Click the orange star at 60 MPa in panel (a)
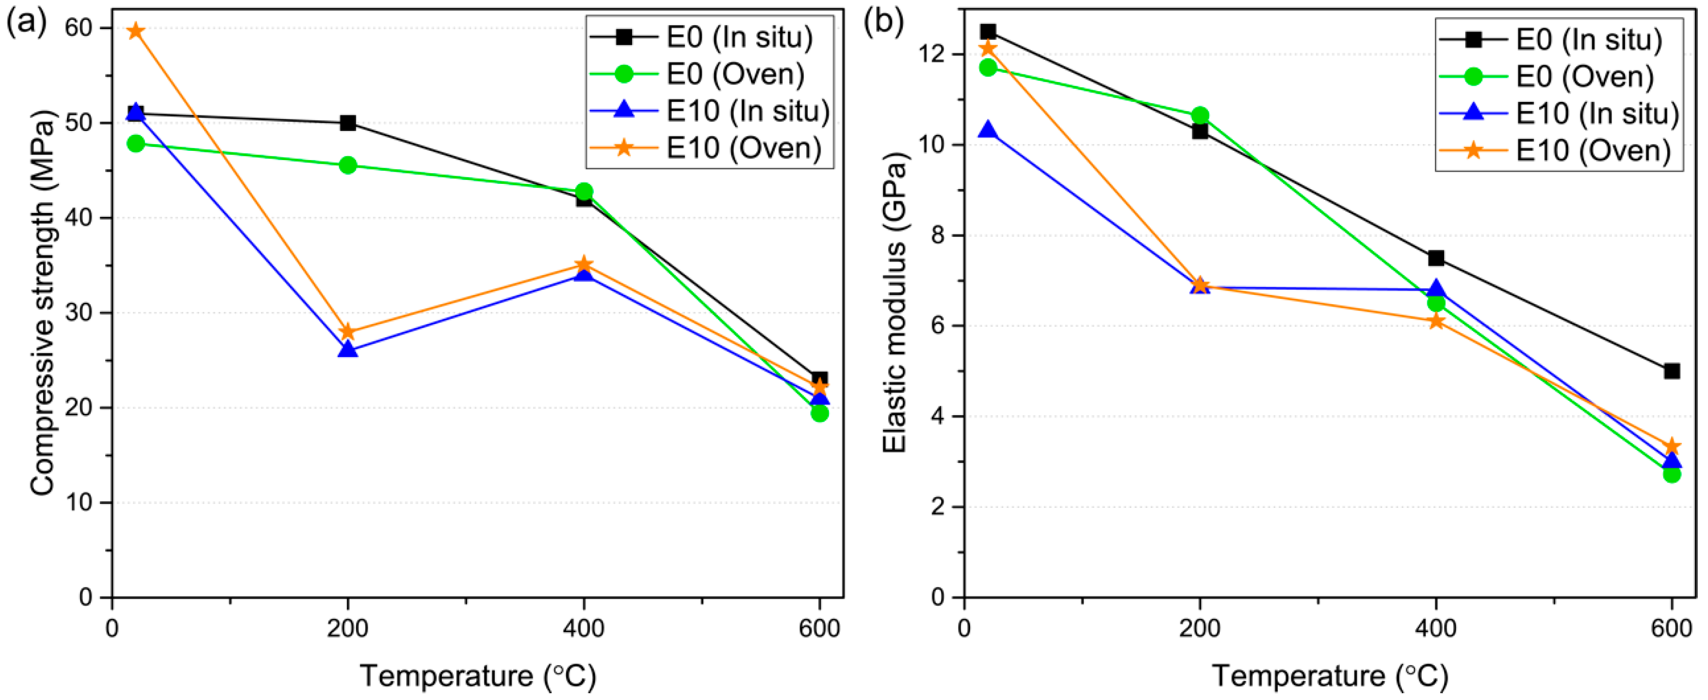tap(135, 31)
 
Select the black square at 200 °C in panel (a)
tap(347, 123)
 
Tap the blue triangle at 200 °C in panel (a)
tap(347, 349)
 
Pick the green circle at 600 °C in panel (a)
tap(819, 413)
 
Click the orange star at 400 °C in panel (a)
tap(584, 264)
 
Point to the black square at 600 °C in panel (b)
tap(1672, 371)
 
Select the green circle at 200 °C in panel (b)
tap(1200, 115)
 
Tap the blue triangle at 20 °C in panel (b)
tap(988, 130)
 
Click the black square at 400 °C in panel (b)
tap(1435, 258)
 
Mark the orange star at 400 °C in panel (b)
tap(1435, 322)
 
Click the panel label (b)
tap(882, 23)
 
